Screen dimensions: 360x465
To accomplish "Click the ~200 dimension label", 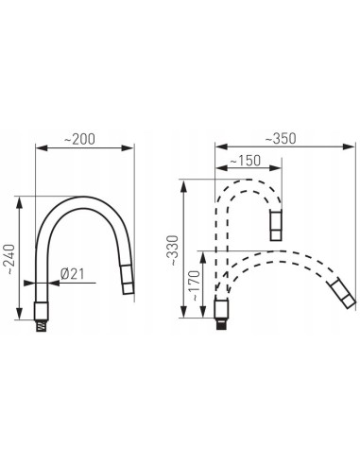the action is point(79,139).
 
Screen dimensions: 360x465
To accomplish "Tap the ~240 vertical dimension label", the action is point(10,259).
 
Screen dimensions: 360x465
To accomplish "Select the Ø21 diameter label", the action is point(73,274).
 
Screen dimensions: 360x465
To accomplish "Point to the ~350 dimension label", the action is point(281,138).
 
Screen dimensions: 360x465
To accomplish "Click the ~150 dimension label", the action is point(245,161).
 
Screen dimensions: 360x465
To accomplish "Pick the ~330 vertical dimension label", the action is point(174,250).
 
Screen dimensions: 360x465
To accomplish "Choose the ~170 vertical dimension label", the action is point(196,285).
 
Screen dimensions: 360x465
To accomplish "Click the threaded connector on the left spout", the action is point(42,325).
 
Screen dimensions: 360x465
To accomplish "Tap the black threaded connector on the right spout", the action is point(222,324).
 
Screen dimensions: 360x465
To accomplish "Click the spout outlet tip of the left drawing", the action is point(129,280).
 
